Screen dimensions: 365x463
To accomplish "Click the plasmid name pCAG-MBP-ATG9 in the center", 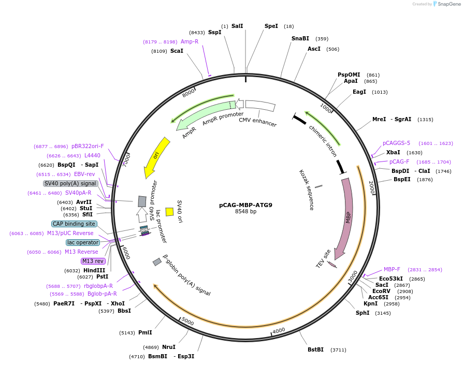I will pos(245,205).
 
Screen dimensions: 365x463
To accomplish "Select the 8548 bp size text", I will pos(245,211).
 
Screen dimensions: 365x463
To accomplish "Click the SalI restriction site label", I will pos(237,26).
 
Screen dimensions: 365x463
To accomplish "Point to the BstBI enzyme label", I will pos(315,349).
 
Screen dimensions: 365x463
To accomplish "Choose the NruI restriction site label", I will pos(169,347).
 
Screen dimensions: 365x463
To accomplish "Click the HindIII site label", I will pos(94,270).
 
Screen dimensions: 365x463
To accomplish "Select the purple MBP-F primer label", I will pos(392,269).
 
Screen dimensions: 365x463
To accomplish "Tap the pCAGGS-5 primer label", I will pos(396,143).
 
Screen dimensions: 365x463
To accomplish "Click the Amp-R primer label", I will pos(190,41).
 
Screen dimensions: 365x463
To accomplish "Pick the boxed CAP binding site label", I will pos(74,224).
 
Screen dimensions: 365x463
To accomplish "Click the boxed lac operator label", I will pos(83,242).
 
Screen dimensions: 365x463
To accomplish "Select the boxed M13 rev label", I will pos(93,261).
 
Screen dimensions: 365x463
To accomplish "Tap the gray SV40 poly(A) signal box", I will pos(70,183).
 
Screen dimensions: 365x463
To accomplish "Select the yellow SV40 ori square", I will pos(169,212).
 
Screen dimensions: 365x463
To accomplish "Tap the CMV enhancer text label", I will pos(257,122).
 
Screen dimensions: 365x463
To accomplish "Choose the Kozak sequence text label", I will pos(307,189).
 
